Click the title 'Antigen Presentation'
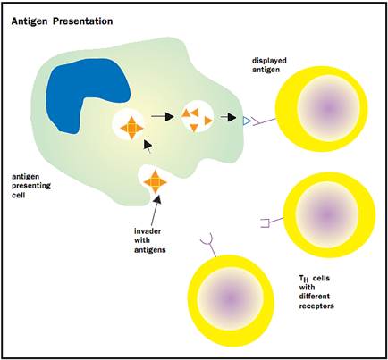(62, 21)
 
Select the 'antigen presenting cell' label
(31, 186)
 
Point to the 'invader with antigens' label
(150, 240)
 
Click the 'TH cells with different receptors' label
(316, 292)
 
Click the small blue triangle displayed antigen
(247, 121)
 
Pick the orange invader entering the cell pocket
(155, 181)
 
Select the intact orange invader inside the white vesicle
(131, 128)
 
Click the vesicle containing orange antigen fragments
(198, 116)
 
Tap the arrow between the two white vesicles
(163, 117)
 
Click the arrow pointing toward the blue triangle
(228, 117)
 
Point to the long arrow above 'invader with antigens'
(156, 210)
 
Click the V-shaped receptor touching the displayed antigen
(264, 121)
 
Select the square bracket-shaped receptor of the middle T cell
(272, 222)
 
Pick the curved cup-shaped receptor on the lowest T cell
(210, 246)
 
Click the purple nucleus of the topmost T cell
(328, 108)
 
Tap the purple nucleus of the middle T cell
(327, 213)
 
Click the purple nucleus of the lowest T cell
(230, 298)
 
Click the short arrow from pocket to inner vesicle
(148, 146)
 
